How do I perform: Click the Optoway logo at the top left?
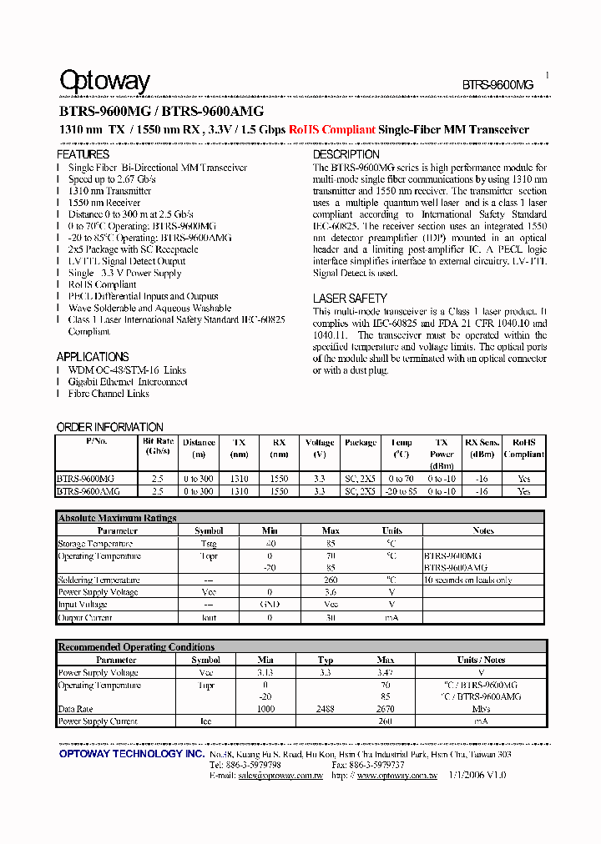pyautogui.click(x=104, y=81)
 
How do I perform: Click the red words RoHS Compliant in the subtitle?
pyautogui.click(x=331, y=130)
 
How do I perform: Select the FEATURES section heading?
pyautogui.click(x=83, y=154)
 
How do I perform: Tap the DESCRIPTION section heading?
pyautogui.click(x=346, y=154)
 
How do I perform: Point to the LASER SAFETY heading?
pyautogui.click(x=350, y=299)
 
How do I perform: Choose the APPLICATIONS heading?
pyautogui.click(x=93, y=357)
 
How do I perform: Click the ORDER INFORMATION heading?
pyautogui.click(x=109, y=427)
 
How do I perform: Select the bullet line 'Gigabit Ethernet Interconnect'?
pyautogui.click(x=128, y=382)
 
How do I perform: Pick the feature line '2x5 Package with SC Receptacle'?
pyautogui.click(x=133, y=249)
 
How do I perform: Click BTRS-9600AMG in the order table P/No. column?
pyautogui.click(x=86, y=491)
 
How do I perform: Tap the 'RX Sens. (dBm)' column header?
pyautogui.click(x=482, y=448)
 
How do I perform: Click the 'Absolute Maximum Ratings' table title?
pyautogui.click(x=117, y=518)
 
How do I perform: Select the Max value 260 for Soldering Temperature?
pyautogui.click(x=331, y=580)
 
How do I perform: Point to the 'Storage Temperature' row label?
pyautogui.click(x=95, y=543)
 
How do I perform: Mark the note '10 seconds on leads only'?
pyautogui.click(x=467, y=580)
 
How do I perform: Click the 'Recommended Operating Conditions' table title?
pyautogui.click(x=136, y=647)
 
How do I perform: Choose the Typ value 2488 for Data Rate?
pyautogui.click(x=326, y=709)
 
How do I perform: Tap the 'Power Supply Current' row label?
pyautogui.click(x=98, y=721)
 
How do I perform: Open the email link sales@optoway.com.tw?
pyautogui.click(x=280, y=775)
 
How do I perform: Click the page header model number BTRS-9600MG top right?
pyautogui.click(x=497, y=85)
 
